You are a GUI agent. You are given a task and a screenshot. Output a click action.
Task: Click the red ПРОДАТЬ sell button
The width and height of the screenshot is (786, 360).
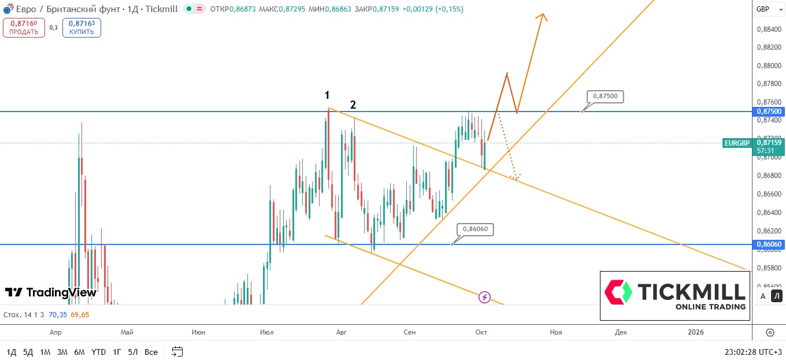[24, 27]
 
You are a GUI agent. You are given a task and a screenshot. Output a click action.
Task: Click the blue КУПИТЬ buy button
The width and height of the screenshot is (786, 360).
[81, 27]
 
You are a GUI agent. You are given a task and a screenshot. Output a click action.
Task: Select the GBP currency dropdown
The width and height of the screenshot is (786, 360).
[766, 9]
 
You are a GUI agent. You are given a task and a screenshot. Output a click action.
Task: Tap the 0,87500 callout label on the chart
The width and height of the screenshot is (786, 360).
[605, 97]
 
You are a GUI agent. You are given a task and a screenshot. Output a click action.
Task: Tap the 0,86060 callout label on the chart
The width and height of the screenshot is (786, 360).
[475, 229]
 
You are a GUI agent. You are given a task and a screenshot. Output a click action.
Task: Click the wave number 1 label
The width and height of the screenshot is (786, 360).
[327, 95]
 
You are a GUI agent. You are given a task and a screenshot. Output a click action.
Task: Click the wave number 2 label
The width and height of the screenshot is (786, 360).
[353, 105]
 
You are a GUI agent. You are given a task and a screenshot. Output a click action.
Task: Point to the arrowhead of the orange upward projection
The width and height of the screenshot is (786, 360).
[542, 16]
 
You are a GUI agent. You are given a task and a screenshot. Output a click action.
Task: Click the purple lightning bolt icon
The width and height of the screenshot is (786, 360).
[484, 297]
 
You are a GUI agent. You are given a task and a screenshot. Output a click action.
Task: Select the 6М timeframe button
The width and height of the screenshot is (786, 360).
[80, 352]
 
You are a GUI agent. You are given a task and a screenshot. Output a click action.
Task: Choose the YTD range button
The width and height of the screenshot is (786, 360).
[99, 352]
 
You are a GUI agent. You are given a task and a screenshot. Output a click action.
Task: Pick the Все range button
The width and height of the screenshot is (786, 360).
[151, 352]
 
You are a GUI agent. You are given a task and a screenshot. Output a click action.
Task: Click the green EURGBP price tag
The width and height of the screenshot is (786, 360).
[736, 143]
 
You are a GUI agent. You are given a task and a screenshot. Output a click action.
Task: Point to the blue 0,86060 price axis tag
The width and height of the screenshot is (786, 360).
[768, 244]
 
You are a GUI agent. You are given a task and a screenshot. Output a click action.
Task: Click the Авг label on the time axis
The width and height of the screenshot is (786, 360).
[342, 332]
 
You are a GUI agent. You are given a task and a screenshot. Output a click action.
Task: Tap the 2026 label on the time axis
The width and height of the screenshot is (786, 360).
[696, 332]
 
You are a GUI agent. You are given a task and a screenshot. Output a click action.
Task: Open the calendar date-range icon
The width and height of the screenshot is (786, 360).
[177, 351]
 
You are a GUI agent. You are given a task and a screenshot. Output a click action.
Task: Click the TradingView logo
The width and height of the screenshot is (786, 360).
[51, 292]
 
